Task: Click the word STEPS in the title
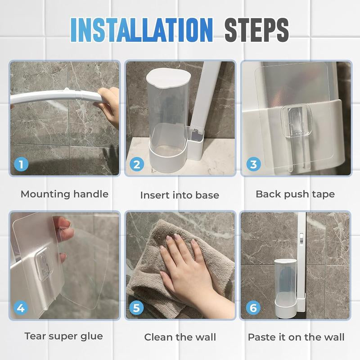coord(256,30)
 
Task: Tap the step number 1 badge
coord(21,164)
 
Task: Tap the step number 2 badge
coord(137,164)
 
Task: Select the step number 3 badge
coord(253,164)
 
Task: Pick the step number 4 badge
coord(21,308)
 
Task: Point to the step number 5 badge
coord(137,308)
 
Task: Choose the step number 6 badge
coord(253,308)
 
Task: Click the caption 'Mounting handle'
coord(64,194)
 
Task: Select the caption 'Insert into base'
coord(180,195)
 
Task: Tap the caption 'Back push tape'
coord(295,194)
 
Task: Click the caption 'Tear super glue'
coord(63,336)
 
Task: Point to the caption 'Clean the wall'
coord(180,337)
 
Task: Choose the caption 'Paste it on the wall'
coord(296,337)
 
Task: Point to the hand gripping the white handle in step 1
coord(108,103)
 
